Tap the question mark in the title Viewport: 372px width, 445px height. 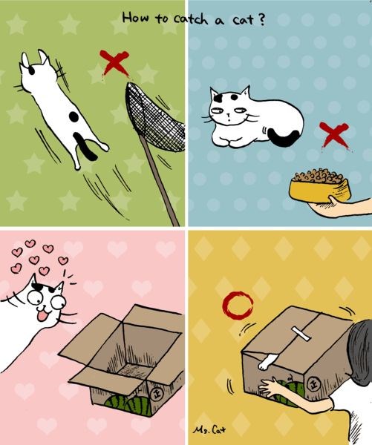pos(261,19)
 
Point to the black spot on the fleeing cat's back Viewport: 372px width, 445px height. pos(74,116)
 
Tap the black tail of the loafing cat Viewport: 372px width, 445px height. pos(284,138)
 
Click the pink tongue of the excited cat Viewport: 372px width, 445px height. pos(42,315)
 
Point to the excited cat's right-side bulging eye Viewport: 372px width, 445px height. pos(58,303)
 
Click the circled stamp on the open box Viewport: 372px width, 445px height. pos(155,395)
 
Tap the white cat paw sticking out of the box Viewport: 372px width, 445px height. pos(267,361)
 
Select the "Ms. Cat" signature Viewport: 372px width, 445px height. pos(209,430)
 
